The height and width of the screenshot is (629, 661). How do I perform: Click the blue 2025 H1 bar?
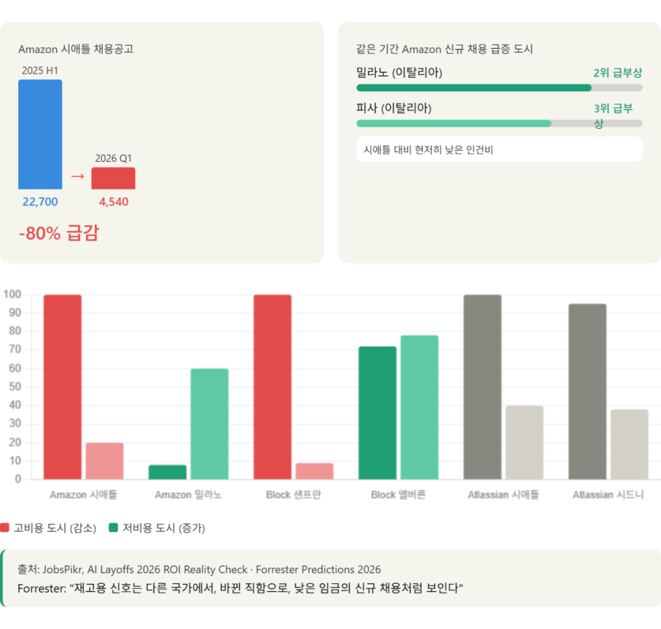(40, 134)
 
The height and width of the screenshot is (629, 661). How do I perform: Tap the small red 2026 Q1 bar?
(113, 179)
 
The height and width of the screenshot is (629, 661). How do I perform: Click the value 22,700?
(40, 202)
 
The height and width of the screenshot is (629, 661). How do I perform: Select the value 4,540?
(114, 202)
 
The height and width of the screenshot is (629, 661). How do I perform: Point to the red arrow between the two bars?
(77, 176)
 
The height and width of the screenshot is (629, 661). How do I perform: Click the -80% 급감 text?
(59, 233)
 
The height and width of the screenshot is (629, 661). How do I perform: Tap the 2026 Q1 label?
(113, 158)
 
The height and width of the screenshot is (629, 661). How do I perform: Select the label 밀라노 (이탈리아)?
(399, 72)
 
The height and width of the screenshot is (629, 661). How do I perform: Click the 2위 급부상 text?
(618, 73)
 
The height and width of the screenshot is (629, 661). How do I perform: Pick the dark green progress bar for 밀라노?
(473, 88)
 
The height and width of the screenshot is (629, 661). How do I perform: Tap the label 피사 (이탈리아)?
(394, 108)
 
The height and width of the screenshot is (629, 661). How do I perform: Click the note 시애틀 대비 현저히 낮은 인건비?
(429, 150)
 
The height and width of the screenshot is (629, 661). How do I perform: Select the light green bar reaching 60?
(209, 424)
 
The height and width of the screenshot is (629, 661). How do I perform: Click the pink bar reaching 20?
(105, 461)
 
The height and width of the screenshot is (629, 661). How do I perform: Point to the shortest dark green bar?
(168, 472)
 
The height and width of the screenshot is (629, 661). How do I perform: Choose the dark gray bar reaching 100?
(483, 387)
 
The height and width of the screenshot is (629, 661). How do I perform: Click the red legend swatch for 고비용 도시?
(5, 528)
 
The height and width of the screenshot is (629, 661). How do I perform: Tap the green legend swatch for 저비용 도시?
(114, 528)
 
